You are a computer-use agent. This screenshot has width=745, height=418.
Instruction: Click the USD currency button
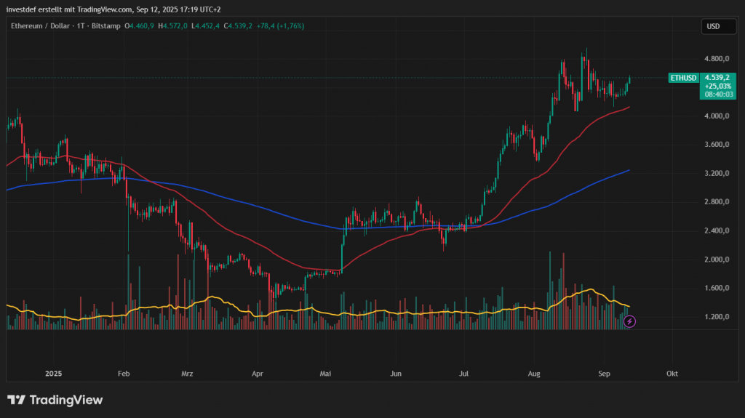[713, 27]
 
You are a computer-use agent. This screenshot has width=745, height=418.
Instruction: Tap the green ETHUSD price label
[683, 78]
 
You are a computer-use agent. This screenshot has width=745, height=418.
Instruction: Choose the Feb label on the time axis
[123, 374]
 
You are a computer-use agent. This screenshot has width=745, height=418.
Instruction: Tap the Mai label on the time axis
[326, 374]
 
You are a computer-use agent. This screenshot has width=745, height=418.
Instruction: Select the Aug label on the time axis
[535, 374]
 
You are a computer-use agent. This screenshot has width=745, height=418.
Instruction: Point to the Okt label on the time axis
[672, 374]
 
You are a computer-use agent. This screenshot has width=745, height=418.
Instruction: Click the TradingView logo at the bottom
[55, 400]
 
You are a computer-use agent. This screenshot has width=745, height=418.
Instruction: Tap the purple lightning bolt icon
[630, 321]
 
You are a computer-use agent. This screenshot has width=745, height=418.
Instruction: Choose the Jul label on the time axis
[463, 374]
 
